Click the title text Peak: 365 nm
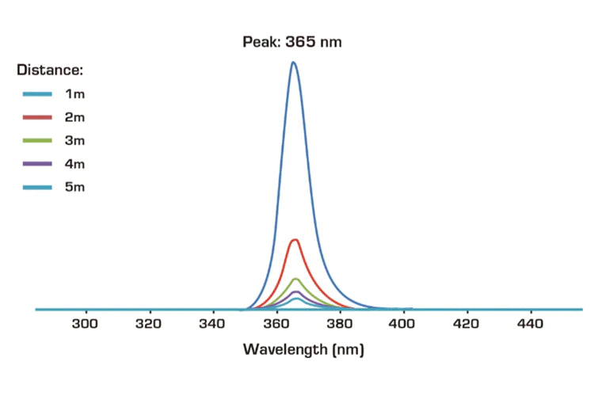pos(291,41)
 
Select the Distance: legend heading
pos(51,70)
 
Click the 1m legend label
pos(74,94)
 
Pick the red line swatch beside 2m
pos(37,118)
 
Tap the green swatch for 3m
pos(37,141)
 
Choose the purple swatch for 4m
pos(37,164)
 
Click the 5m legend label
pos(74,187)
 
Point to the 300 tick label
pos(85,324)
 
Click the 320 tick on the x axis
pos(149,324)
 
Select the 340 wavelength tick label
pos(212,324)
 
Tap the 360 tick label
pos(276,324)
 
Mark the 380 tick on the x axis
pos(340,324)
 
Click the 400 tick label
pos(403,324)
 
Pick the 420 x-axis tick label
pos(467,324)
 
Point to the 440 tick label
pos(531,324)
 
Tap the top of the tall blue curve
pos(293,63)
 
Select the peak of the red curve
pos(295,239)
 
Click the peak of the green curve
pos(295,279)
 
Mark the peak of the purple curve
pos(295,291)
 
